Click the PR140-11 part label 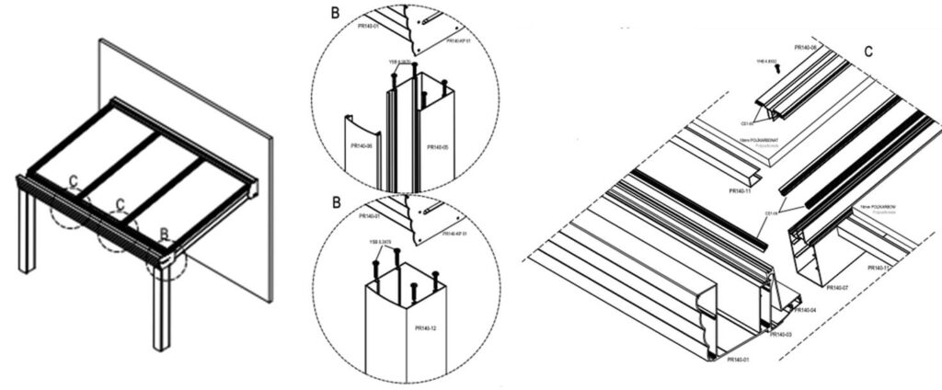[x=741, y=191]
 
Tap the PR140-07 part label [x=837, y=288]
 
